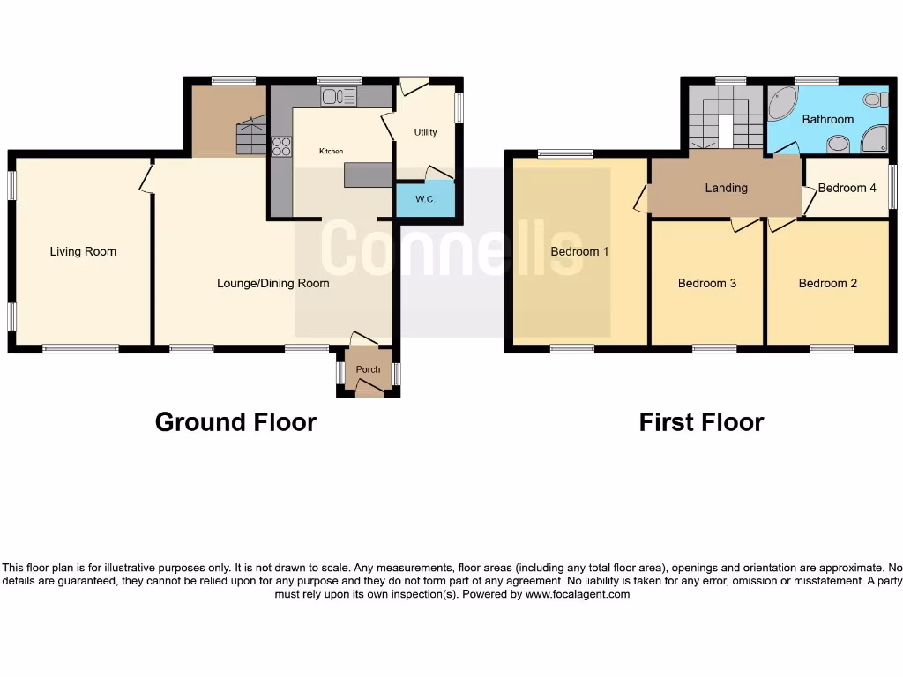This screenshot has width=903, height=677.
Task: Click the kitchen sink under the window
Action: pyautogui.click(x=339, y=97)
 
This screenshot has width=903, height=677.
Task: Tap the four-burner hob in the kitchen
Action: pyautogui.click(x=282, y=146)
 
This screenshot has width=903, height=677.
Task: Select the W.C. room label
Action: pyautogui.click(x=425, y=199)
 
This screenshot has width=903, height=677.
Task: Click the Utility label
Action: pyautogui.click(x=425, y=132)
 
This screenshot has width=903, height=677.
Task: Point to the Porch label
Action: pyautogui.click(x=368, y=369)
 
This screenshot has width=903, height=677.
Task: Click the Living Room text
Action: pyautogui.click(x=83, y=252)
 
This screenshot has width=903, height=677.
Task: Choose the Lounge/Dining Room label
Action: pyautogui.click(x=273, y=283)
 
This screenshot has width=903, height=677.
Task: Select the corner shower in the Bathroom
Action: pyautogui.click(x=875, y=138)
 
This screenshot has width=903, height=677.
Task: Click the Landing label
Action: pyautogui.click(x=726, y=188)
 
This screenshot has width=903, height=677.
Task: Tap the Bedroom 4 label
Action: pyautogui.click(x=847, y=188)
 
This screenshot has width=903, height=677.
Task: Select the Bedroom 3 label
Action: pyautogui.click(x=706, y=283)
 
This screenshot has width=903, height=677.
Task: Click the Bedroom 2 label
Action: pyautogui.click(x=827, y=283)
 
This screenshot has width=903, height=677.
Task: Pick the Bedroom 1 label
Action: pyautogui.click(x=579, y=252)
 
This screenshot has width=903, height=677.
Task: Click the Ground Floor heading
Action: pyautogui.click(x=235, y=422)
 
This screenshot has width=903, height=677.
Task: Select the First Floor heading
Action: pyautogui.click(x=701, y=422)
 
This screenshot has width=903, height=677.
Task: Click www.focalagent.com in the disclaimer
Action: pyautogui.click(x=578, y=594)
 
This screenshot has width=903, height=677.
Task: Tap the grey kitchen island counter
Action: pyautogui.click(x=368, y=175)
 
